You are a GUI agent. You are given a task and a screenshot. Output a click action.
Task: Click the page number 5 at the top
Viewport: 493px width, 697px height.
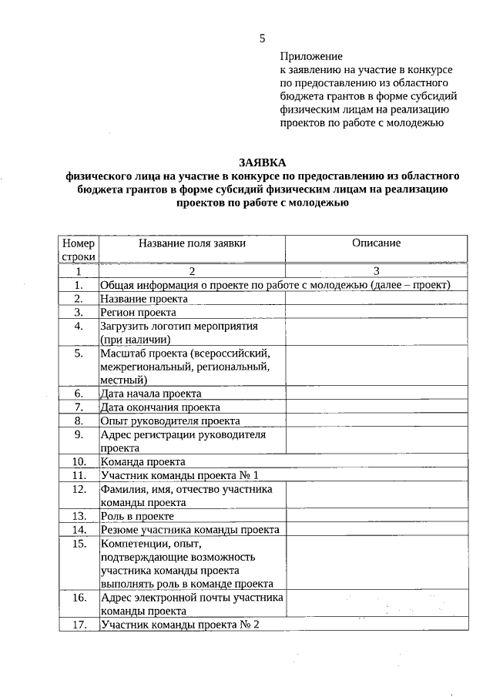point(263,39)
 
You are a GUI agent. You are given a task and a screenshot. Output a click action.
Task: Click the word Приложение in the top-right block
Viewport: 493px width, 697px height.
point(310,56)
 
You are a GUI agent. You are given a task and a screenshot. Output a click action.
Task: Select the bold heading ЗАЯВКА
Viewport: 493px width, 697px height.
point(262,163)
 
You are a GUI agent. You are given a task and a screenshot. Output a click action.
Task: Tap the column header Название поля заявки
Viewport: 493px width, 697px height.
point(193,243)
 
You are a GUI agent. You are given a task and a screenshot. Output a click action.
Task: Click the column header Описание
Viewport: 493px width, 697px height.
point(376,243)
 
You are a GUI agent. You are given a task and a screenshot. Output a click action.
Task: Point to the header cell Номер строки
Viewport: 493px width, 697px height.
point(79,250)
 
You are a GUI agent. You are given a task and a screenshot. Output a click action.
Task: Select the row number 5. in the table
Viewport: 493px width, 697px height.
point(79,354)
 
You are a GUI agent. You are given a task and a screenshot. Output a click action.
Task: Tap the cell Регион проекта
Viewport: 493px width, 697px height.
point(139,312)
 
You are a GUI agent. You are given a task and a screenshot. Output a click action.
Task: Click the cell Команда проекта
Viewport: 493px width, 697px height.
point(143,462)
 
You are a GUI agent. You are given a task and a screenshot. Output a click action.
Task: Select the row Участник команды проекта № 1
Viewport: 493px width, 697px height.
point(179,475)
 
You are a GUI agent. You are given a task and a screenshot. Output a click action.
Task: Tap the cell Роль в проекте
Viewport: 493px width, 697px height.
point(137,516)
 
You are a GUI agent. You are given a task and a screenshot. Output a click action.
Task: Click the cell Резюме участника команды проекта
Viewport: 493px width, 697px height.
point(189,530)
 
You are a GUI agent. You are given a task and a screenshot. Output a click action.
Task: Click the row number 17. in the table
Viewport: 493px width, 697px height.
point(79,625)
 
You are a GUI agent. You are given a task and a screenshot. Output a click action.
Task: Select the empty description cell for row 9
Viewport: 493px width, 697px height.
point(376,441)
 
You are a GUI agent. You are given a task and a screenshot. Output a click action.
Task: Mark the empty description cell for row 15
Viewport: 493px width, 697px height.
point(376,563)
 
